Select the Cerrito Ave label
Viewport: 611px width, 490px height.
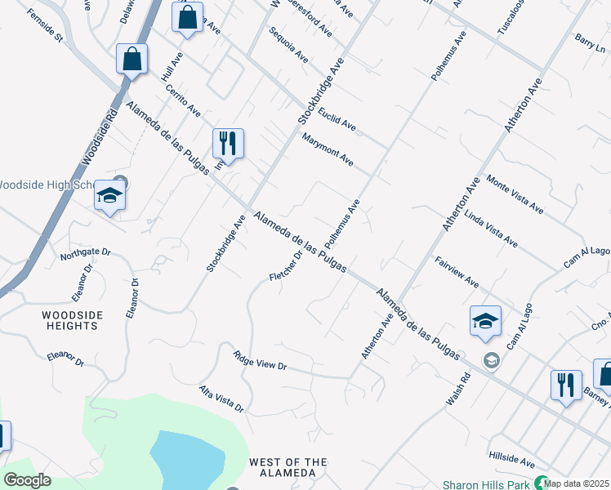coord(183,99)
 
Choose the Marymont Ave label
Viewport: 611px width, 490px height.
coord(328,150)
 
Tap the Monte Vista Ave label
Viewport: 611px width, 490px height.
coord(515,194)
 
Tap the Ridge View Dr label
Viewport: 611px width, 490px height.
coord(261,362)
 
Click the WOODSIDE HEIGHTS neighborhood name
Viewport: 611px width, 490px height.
coord(73,320)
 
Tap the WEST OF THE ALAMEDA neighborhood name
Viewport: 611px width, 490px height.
coord(282,468)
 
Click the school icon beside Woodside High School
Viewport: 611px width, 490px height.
coord(109,197)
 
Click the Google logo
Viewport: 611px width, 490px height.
coord(28,479)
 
